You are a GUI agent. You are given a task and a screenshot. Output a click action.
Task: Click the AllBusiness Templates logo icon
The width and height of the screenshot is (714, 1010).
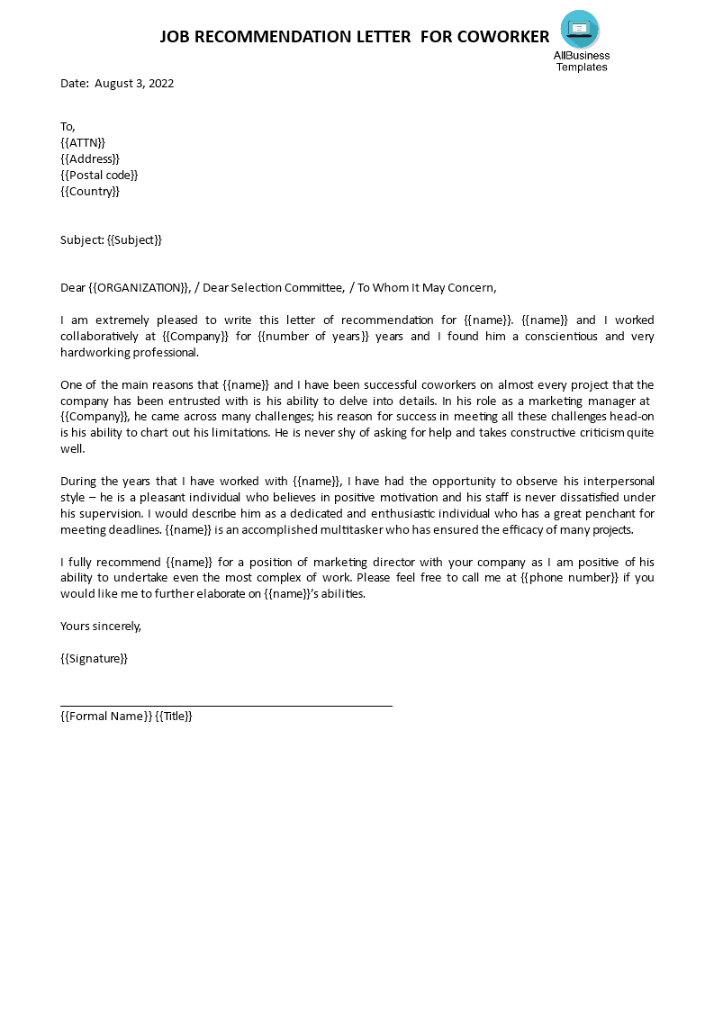click(580, 30)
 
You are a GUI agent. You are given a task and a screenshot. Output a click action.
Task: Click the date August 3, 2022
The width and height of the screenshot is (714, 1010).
click(133, 84)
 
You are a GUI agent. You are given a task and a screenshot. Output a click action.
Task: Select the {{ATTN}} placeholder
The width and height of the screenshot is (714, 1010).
click(83, 142)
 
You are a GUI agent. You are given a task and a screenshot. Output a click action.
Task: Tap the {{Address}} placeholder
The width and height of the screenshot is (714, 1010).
click(90, 158)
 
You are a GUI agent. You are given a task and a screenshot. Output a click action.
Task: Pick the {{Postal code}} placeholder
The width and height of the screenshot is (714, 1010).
click(99, 175)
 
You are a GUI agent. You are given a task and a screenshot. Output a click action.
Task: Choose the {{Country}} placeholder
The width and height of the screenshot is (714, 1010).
click(90, 191)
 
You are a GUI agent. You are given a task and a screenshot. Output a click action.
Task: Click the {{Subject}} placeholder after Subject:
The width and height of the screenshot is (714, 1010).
click(135, 239)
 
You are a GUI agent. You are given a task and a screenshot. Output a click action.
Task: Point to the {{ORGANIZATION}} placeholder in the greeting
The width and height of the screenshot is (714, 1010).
click(140, 287)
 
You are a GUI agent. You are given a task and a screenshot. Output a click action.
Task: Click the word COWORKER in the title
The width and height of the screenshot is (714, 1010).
click(503, 37)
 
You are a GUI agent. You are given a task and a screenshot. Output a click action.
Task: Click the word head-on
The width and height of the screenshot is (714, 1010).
click(632, 417)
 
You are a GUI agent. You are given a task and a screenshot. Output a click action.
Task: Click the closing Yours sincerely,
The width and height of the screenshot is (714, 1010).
click(101, 626)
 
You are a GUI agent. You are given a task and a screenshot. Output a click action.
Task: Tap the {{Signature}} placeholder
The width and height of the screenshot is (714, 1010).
click(94, 658)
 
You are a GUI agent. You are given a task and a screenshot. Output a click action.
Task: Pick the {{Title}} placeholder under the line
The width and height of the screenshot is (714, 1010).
click(174, 716)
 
